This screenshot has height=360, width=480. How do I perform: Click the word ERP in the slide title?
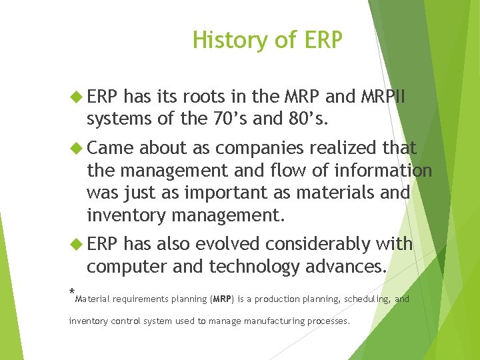click(x=322, y=41)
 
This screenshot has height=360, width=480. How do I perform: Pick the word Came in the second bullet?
click(x=110, y=147)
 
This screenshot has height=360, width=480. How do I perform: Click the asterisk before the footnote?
click(x=72, y=293)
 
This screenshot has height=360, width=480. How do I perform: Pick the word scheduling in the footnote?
click(x=366, y=299)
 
